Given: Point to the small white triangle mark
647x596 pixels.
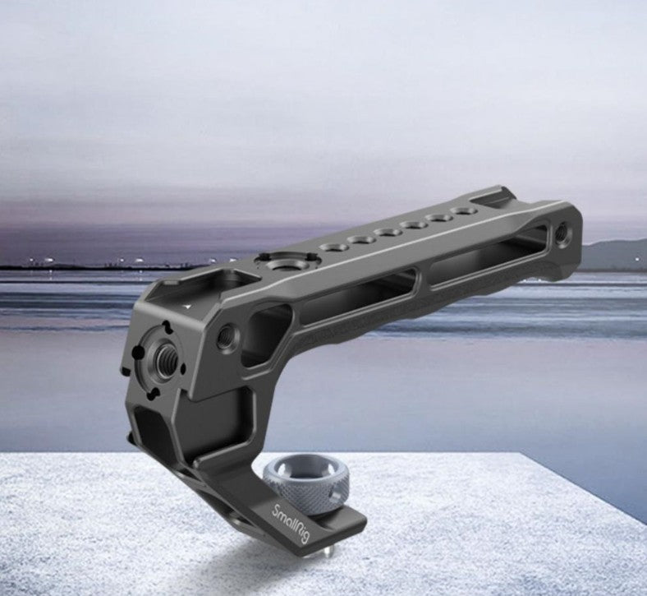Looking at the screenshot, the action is tap(188, 307).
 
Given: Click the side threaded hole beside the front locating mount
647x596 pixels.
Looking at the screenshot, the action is tap(226, 335).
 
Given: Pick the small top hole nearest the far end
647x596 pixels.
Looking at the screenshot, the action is tap(463, 210).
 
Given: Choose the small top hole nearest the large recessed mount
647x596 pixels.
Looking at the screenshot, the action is tap(333, 247).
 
